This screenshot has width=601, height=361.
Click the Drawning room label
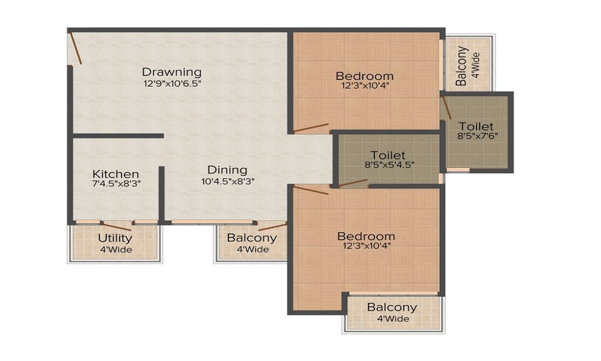pos(171,73)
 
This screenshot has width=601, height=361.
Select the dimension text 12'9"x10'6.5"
pos(171,84)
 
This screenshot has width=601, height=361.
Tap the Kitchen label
pos(116,174)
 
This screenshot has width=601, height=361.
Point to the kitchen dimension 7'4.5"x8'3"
pos(116,185)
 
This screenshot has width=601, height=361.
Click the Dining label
pos(227,170)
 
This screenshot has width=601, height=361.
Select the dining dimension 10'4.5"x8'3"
pos(227,180)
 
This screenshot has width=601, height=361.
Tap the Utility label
pos(115,238)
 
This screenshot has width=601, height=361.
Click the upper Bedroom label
pos(365,76)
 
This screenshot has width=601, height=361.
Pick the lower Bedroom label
pos(366,236)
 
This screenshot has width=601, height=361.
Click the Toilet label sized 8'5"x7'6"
pos(476,126)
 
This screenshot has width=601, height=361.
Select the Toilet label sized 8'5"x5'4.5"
pos(388,155)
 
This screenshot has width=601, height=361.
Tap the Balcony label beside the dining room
pos(252,238)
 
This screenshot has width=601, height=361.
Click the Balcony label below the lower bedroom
pos(392,307)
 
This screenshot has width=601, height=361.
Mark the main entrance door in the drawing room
pos(75,48)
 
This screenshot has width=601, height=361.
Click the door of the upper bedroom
pos(311,128)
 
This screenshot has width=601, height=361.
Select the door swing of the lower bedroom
pos(311,190)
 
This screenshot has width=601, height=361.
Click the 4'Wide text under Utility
pos(115,250)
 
